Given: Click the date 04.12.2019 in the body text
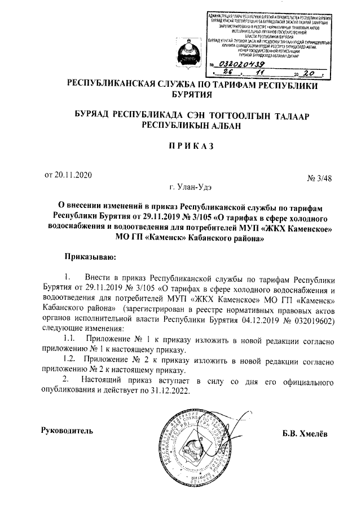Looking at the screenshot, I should [x=252, y=319].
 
